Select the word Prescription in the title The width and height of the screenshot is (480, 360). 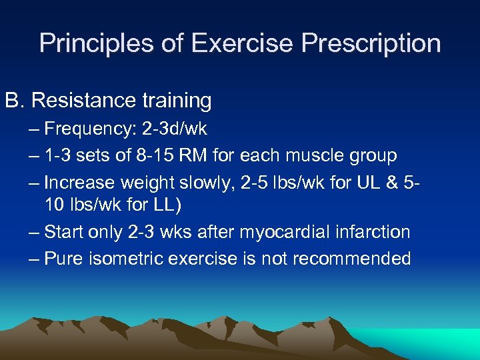click(x=371, y=44)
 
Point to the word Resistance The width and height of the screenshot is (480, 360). click(x=83, y=101)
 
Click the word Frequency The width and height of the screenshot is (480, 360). click(x=91, y=129)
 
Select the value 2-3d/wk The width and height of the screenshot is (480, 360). click(x=175, y=129)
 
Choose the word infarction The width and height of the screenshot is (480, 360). click(x=373, y=233)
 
